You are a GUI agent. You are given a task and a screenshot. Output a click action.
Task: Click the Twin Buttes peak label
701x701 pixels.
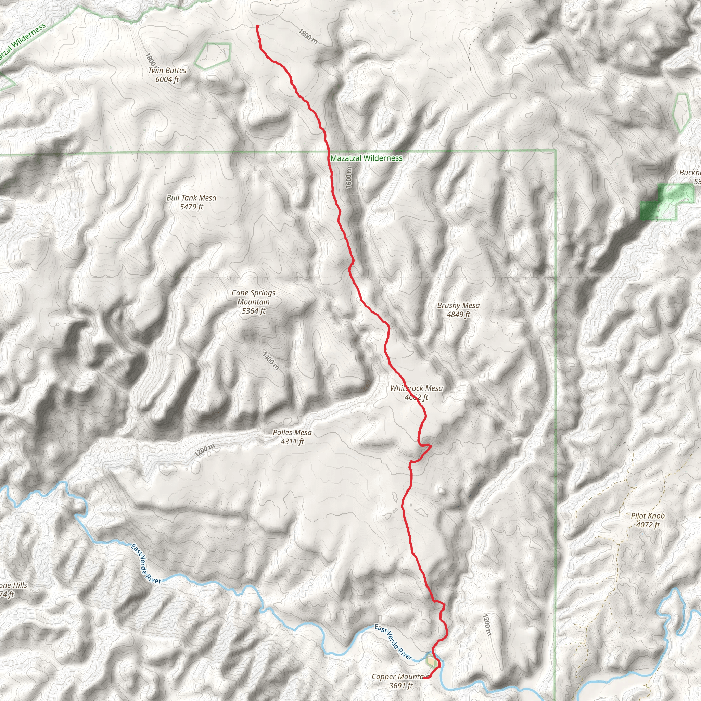coord(167,71)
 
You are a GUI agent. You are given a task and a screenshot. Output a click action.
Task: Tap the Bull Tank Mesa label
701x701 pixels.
coord(191,198)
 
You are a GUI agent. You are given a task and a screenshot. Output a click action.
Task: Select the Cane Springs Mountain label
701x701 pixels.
coord(253,297)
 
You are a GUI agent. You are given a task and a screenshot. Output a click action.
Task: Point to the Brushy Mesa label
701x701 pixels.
coord(458,306)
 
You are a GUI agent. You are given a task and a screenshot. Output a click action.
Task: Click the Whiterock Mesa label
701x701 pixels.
coord(416,388)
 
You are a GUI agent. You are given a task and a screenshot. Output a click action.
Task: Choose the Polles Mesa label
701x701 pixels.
coord(292,433)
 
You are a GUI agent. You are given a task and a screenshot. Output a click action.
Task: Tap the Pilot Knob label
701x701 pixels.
coord(648,516)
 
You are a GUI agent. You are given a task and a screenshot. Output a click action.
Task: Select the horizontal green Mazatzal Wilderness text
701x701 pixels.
coord(366,158)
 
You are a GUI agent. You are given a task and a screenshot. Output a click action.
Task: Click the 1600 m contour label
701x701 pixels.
coord(349,177)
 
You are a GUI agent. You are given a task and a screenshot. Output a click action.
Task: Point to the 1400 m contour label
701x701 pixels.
coord(271,360)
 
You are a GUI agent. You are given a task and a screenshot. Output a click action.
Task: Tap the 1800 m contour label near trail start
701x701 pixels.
coord(308,36)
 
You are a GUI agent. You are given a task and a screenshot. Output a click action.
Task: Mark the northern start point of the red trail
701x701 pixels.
coord(257,26)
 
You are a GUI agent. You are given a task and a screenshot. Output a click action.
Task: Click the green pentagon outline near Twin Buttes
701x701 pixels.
coord(213,55)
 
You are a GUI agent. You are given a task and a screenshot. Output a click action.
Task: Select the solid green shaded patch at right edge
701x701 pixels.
coord(649,211)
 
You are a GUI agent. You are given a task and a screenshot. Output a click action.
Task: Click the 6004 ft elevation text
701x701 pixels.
coord(167,79)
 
